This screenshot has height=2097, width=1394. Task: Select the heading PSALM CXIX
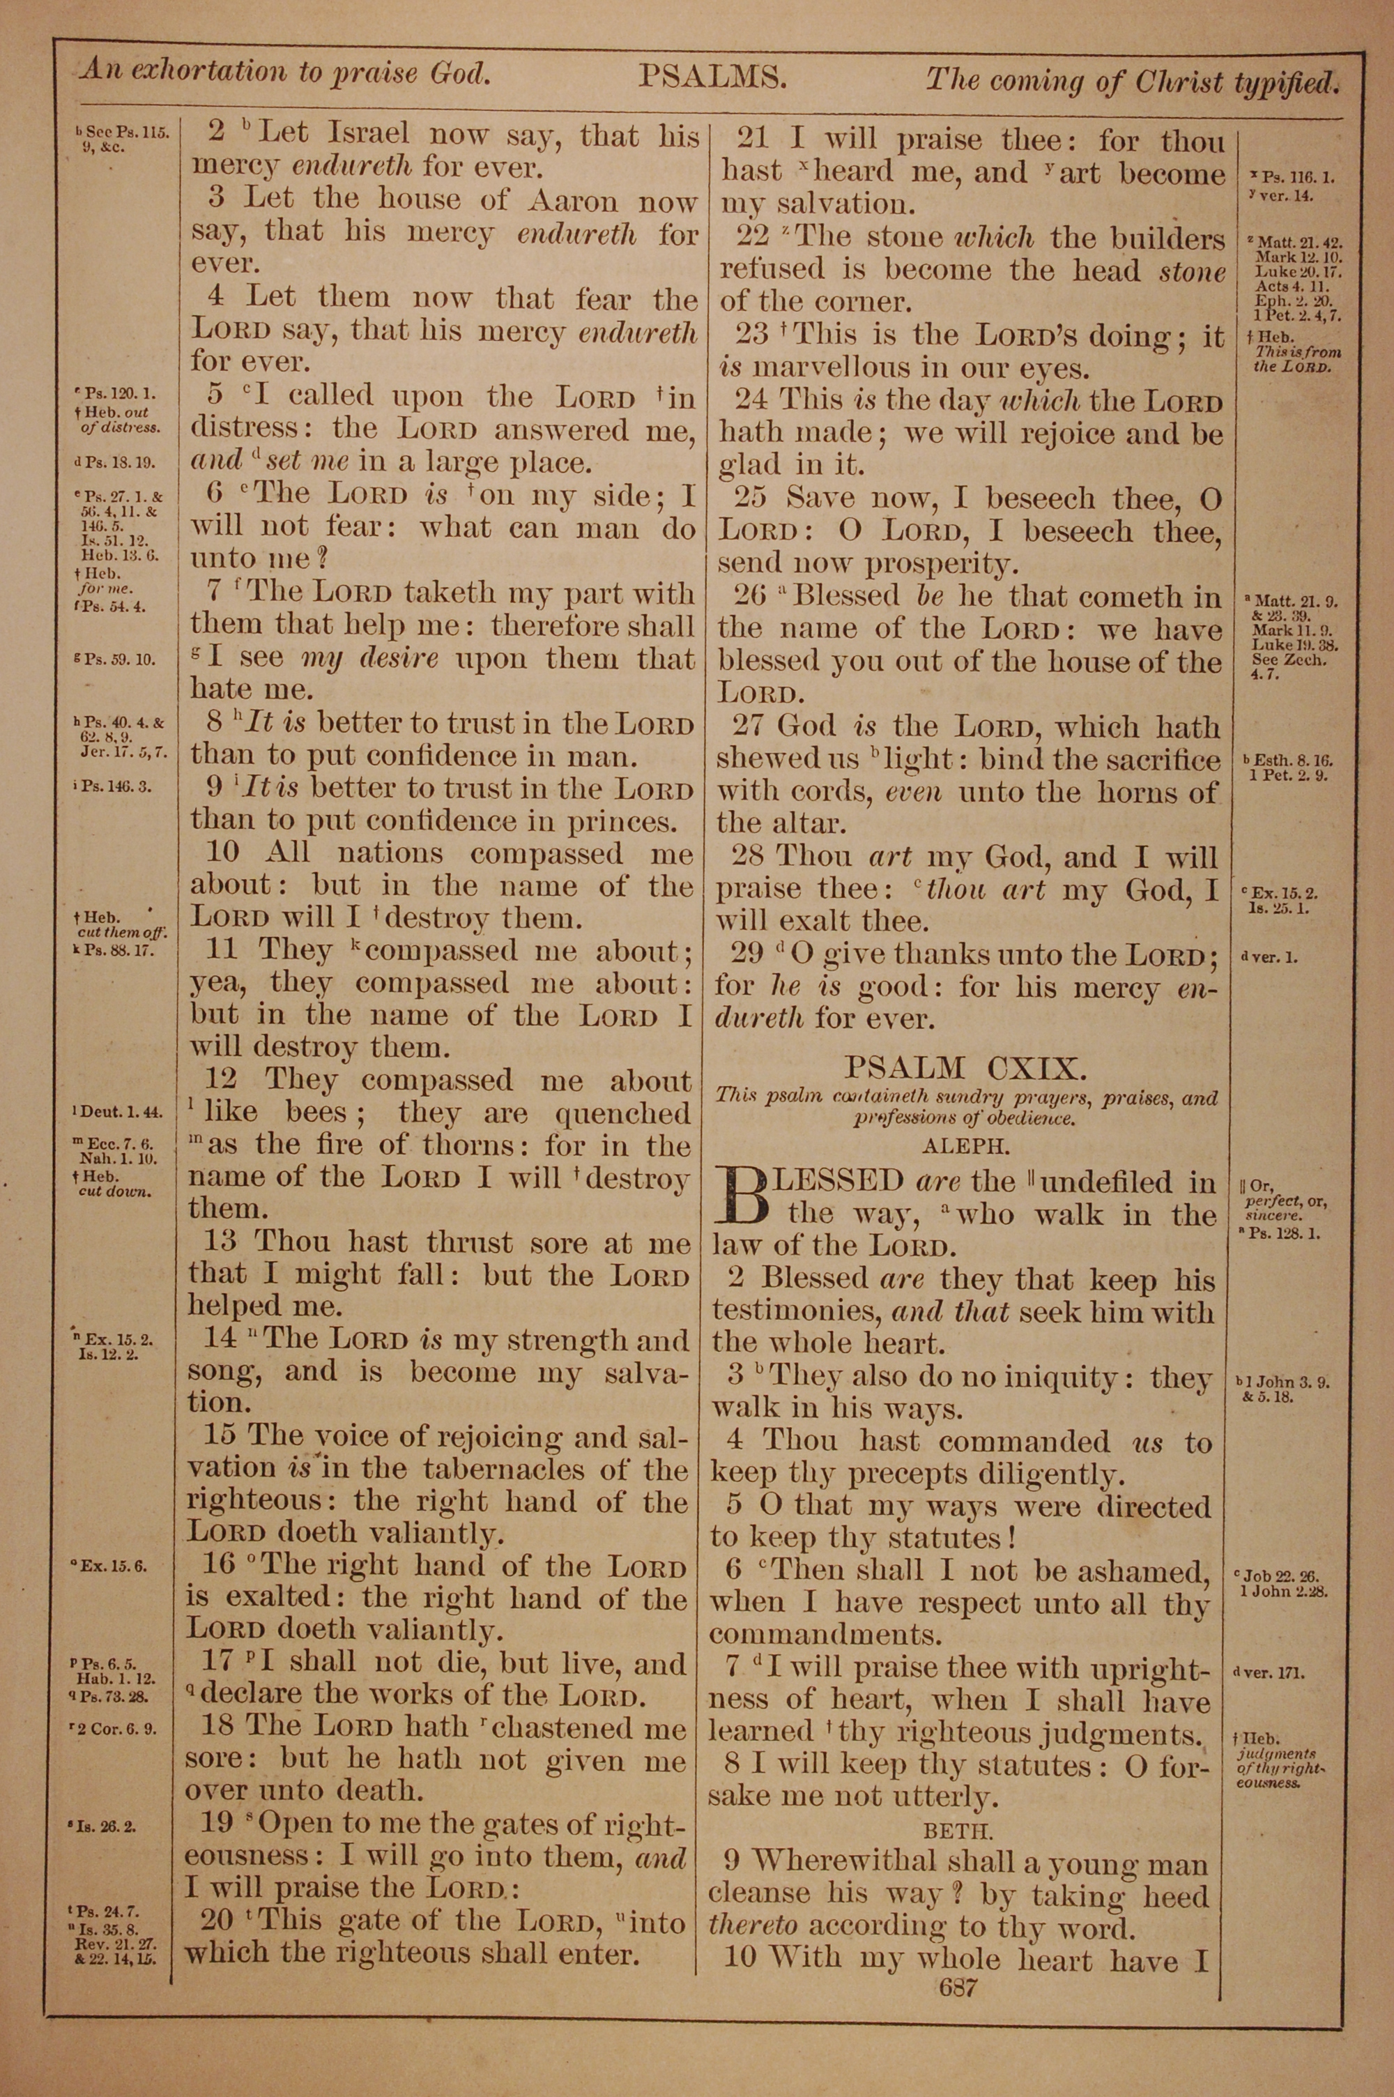click(964, 1067)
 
